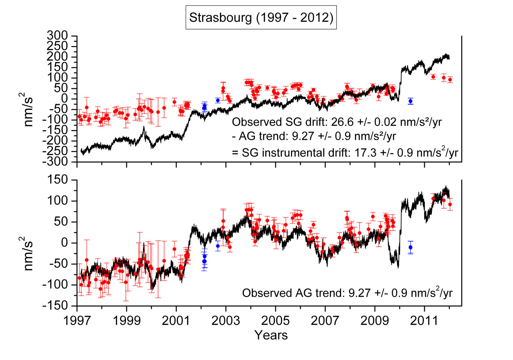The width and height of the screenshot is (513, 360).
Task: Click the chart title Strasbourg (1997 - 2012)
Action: pyautogui.click(x=261, y=18)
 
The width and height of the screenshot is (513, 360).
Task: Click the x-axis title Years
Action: pyautogui.click(x=271, y=335)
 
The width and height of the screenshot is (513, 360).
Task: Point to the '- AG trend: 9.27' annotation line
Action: pyautogui.click(x=314, y=136)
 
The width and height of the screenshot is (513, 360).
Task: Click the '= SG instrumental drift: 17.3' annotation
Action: pyautogui.click(x=345, y=152)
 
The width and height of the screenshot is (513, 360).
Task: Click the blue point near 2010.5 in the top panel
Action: pyautogui.click(x=410, y=101)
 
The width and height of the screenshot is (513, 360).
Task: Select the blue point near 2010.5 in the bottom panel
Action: pyautogui.click(x=410, y=247)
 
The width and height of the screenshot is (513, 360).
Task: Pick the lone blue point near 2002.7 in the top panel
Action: pyautogui.click(x=218, y=100)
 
